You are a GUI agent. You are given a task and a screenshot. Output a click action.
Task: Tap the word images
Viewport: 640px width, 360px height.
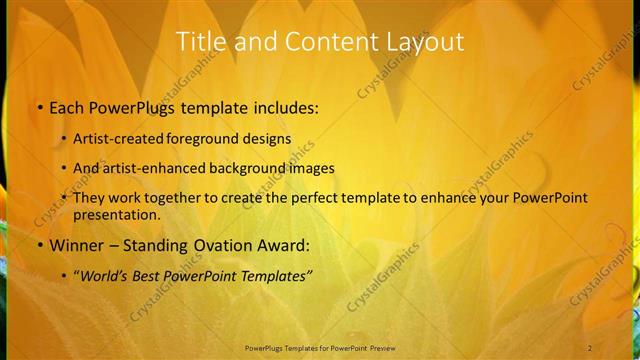[x=309, y=168]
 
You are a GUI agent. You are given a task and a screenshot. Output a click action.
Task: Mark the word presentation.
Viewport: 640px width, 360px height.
[x=116, y=215]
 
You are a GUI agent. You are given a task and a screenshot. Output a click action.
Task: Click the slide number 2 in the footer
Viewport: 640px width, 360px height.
[x=590, y=347]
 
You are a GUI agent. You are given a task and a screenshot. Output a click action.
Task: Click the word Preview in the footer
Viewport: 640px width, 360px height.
[x=379, y=347]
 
